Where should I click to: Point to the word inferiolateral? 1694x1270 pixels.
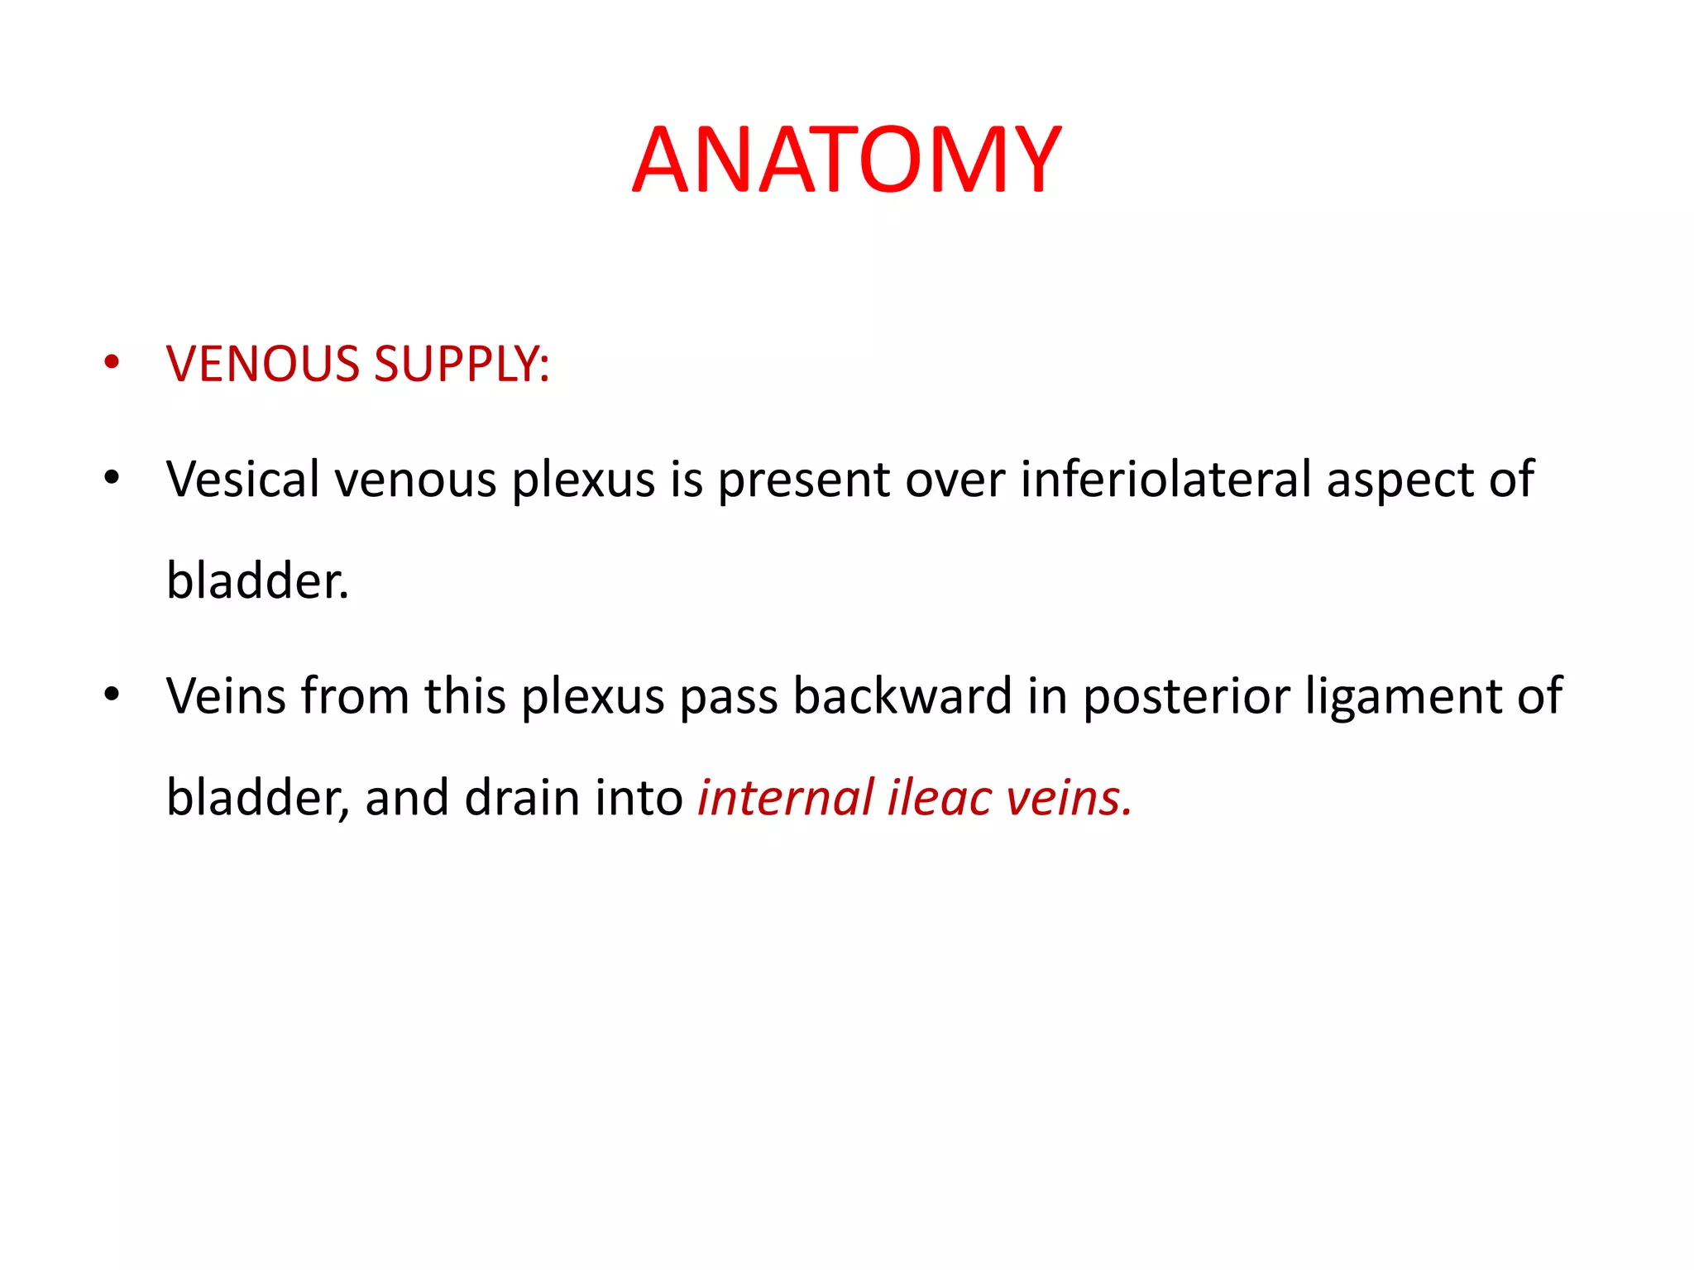1166,480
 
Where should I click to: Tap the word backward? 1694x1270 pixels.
902,696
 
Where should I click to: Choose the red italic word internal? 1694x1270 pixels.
785,798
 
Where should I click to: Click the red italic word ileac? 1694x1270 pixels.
940,798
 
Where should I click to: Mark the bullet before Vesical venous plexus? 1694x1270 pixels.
112,477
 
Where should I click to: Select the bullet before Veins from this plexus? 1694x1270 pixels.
112,694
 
